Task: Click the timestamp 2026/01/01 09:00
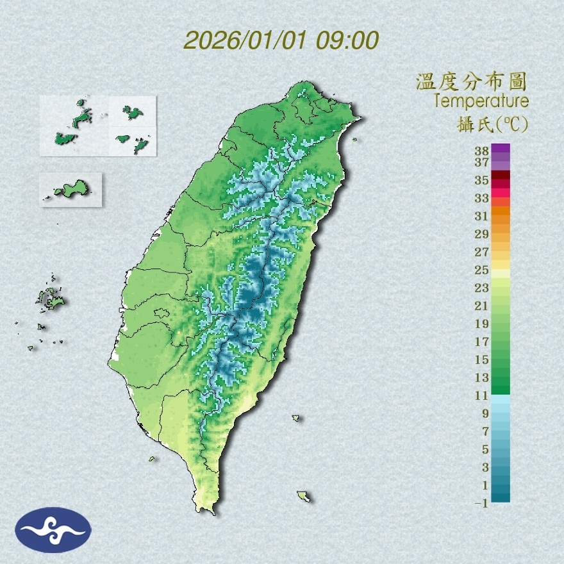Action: pos(281,40)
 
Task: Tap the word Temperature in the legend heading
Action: pos(481,101)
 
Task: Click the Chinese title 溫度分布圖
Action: pos(472,82)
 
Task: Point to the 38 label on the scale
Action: pos(482,151)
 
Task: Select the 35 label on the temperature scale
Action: pos(482,180)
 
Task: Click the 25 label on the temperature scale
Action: pos(482,270)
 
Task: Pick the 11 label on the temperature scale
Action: pos(482,395)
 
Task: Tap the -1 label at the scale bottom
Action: pos(481,503)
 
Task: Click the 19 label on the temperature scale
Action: pos(482,324)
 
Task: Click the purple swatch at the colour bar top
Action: pos(501,148)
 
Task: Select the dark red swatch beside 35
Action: pos(501,176)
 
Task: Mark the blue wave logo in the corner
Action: pos(53,530)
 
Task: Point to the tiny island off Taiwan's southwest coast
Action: pos(153,458)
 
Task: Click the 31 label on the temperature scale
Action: pos(482,216)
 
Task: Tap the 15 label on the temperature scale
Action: pos(482,360)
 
